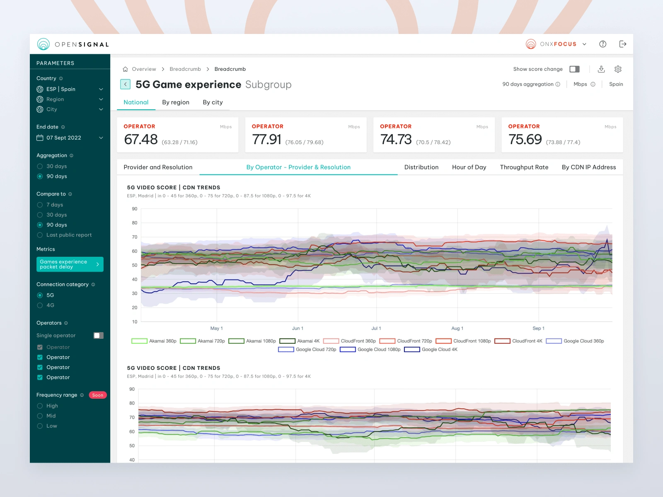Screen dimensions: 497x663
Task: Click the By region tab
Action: tap(176, 102)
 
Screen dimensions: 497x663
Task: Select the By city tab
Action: tap(213, 102)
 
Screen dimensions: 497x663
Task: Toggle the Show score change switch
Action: tap(574, 69)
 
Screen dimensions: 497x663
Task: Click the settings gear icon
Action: tap(618, 69)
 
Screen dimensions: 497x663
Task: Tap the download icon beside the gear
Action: tap(601, 69)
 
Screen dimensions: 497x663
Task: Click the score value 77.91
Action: tap(266, 140)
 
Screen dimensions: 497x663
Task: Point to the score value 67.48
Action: tap(141, 140)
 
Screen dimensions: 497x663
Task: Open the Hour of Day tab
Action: tap(469, 167)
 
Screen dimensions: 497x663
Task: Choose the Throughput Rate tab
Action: tap(524, 167)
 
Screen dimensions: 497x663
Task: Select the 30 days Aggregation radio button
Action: tap(40, 166)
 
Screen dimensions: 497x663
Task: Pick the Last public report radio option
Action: tap(40, 235)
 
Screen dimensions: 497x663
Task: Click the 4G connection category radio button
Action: tap(40, 306)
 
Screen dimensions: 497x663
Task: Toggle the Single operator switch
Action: tap(99, 335)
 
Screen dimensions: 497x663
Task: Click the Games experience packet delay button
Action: tap(70, 264)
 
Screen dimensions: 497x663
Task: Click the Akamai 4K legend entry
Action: tap(300, 341)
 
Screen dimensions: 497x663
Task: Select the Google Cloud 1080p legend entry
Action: tap(370, 350)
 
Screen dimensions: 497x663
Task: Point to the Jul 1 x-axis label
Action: tap(376, 328)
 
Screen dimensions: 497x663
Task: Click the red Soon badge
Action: tap(98, 395)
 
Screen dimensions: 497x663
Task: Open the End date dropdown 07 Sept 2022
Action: tap(70, 138)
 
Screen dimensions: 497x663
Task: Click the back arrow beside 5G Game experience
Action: tap(126, 84)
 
